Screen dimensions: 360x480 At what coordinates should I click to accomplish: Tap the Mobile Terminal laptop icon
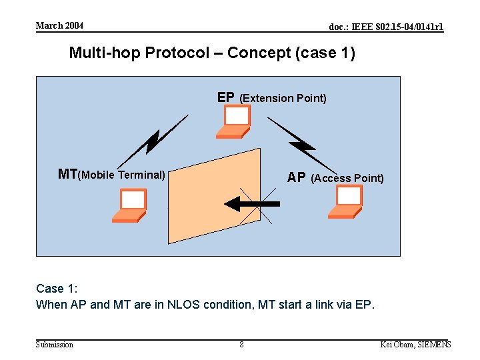click(x=130, y=205)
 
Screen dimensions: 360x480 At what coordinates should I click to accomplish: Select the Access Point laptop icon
click(x=346, y=202)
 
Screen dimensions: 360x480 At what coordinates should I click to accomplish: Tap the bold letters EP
click(x=226, y=97)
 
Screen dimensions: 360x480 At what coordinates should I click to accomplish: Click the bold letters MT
click(x=67, y=175)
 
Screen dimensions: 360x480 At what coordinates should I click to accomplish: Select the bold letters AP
click(x=296, y=178)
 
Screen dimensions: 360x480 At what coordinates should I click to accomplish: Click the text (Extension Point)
click(x=283, y=99)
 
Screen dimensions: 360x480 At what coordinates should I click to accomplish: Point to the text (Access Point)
click(x=347, y=178)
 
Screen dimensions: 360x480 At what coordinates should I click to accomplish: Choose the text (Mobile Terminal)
click(x=122, y=175)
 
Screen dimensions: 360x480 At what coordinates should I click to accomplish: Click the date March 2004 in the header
click(x=59, y=25)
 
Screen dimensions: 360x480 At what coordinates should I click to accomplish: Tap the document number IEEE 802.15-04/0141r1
click(x=386, y=27)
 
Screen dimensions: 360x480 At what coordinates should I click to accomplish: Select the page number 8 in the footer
click(x=241, y=345)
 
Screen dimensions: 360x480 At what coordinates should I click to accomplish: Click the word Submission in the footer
click(x=55, y=345)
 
